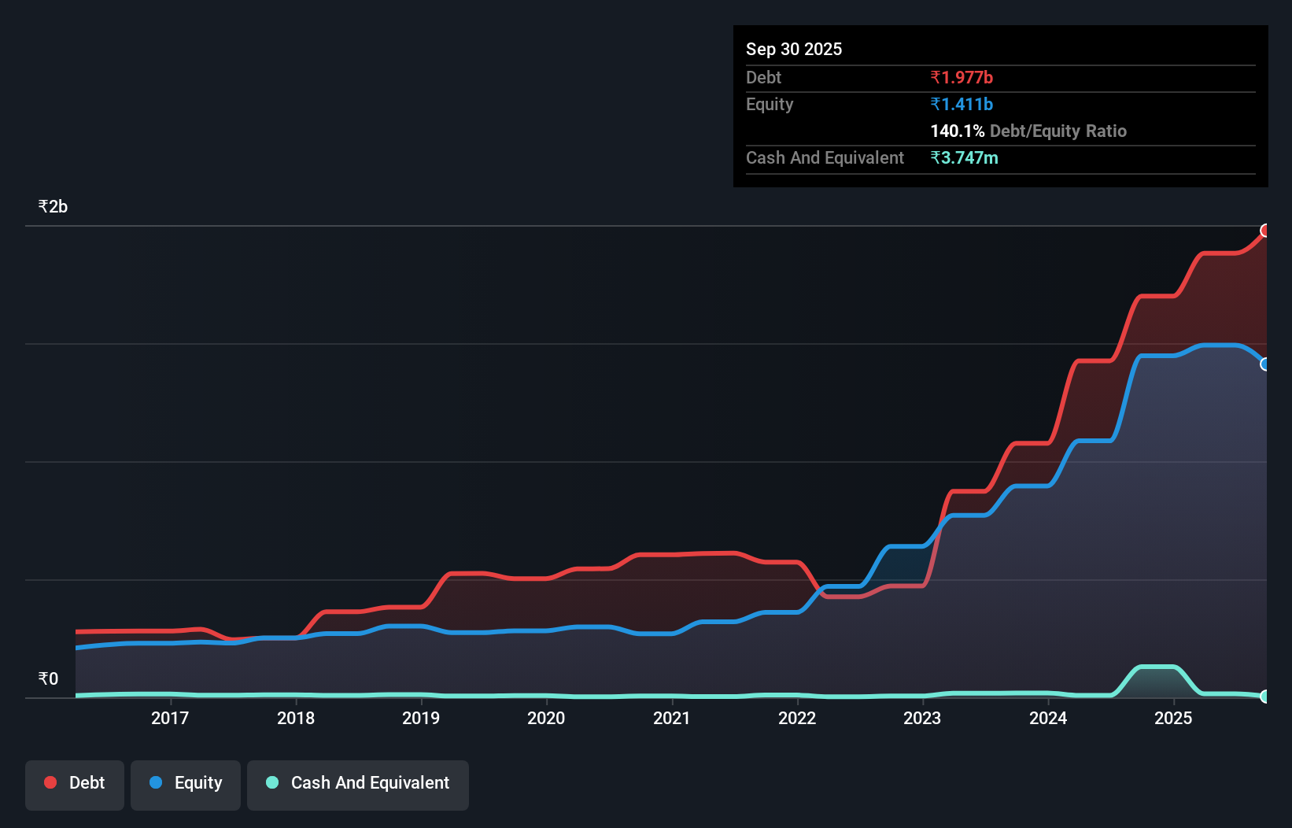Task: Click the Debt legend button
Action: point(75,784)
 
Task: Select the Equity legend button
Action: point(186,784)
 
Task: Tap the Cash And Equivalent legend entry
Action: point(358,784)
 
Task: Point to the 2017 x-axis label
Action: point(170,718)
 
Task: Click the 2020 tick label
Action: point(546,718)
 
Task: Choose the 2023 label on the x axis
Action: point(922,718)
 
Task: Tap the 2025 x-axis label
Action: point(1173,718)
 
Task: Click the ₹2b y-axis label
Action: point(53,207)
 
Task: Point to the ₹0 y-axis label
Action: point(48,678)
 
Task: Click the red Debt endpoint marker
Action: point(1265,231)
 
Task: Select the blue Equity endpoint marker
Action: point(1265,364)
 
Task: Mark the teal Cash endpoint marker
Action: point(1265,697)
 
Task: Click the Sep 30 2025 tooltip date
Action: point(794,49)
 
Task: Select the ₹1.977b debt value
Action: point(962,77)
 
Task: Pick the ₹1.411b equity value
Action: point(962,104)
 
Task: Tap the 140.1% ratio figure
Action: point(957,131)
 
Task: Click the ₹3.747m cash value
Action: point(964,157)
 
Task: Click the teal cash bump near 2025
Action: point(1157,668)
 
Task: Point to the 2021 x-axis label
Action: point(671,718)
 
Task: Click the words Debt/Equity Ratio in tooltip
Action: point(1058,131)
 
